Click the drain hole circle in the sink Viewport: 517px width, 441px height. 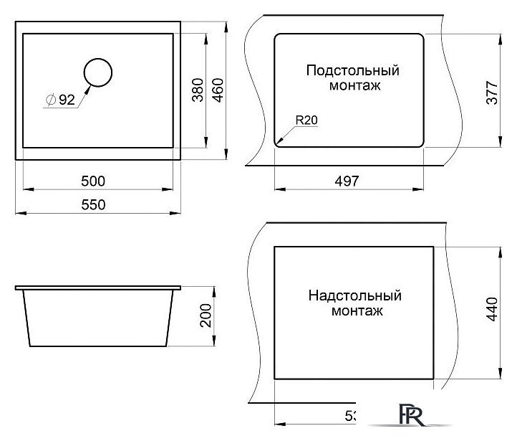[x=98, y=72]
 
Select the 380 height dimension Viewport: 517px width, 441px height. [x=198, y=89]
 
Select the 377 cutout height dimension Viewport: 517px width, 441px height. [x=492, y=90]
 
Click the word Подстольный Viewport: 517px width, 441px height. [x=352, y=71]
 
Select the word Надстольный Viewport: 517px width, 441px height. [x=355, y=295]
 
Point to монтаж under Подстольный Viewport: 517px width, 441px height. [x=352, y=86]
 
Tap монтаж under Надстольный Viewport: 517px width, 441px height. [x=355, y=311]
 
